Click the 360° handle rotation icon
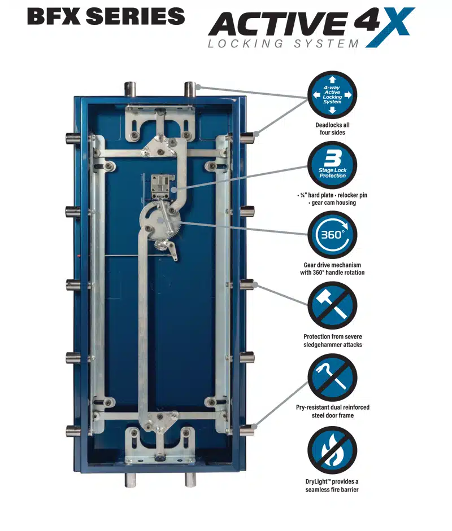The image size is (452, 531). (x=332, y=235)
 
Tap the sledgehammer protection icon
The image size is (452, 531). (x=332, y=306)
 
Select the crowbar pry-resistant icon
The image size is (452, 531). (x=332, y=378)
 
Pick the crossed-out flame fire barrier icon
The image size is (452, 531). (x=332, y=451)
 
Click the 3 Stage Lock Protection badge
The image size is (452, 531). (x=332, y=165)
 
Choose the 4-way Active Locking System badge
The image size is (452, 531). (x=332, y=95)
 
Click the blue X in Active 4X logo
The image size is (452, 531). (x=390, y=27)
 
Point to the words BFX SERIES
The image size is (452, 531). (x=106, y=16)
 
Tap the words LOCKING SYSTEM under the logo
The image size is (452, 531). (x=284, y=43)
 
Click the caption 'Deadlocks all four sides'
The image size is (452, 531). (x=332, y=129)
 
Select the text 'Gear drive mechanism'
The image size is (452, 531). (x=332, y=265)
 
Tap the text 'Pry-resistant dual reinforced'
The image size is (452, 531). (x=333, y=407)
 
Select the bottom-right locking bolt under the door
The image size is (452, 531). (x=190, y=479)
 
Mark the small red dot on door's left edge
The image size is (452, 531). (x=79, y=255)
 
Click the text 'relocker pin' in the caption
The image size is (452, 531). (x=353, y=195)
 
